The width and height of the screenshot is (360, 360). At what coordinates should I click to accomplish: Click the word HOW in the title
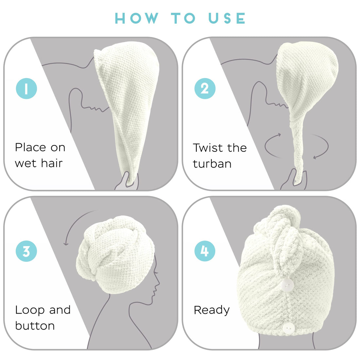137,18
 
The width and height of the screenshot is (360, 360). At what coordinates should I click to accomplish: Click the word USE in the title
227,18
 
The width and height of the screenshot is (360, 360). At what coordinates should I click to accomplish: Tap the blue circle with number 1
26,88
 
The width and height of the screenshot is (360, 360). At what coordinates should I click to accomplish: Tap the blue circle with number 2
205,88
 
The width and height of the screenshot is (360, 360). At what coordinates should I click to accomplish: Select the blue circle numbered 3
26,251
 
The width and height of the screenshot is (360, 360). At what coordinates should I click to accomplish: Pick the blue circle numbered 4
205,251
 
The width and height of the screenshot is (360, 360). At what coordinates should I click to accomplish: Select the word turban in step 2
212,164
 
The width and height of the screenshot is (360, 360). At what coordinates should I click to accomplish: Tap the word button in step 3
35,326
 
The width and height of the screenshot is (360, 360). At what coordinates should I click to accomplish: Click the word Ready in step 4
211,310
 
